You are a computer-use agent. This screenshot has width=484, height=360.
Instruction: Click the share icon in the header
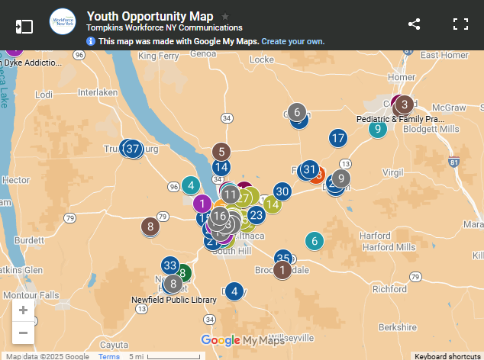tap(414, 24)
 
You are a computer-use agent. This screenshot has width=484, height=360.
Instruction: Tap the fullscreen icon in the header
tap(460, 24)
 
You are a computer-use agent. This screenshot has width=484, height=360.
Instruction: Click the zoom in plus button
tap(23, 310)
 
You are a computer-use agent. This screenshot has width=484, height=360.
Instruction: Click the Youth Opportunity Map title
tap(150, 16)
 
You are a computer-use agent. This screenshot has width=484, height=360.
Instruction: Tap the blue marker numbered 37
tap(133, 149)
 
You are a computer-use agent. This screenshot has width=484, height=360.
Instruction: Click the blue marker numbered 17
tap(338, 138)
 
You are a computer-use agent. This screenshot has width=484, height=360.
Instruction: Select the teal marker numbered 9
tap(377, 129)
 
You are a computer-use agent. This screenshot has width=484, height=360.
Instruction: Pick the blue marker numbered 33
tap(169, 265)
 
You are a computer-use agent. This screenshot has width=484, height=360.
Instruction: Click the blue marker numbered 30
tap(282, 191)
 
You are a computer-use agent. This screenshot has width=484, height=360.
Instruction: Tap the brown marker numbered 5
tap(221, 151)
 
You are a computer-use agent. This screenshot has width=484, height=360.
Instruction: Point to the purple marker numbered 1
tap(202, 204)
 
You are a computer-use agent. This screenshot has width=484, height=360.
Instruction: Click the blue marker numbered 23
tap(256, 216)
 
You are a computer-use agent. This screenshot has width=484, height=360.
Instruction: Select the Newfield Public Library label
tap(173, 300)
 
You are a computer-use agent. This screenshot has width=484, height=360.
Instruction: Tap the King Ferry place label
tap(158, 56)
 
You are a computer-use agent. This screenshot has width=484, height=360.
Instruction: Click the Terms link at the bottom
tap(108, 356)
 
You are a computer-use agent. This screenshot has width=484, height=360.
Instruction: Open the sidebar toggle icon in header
tap(24, 25)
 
